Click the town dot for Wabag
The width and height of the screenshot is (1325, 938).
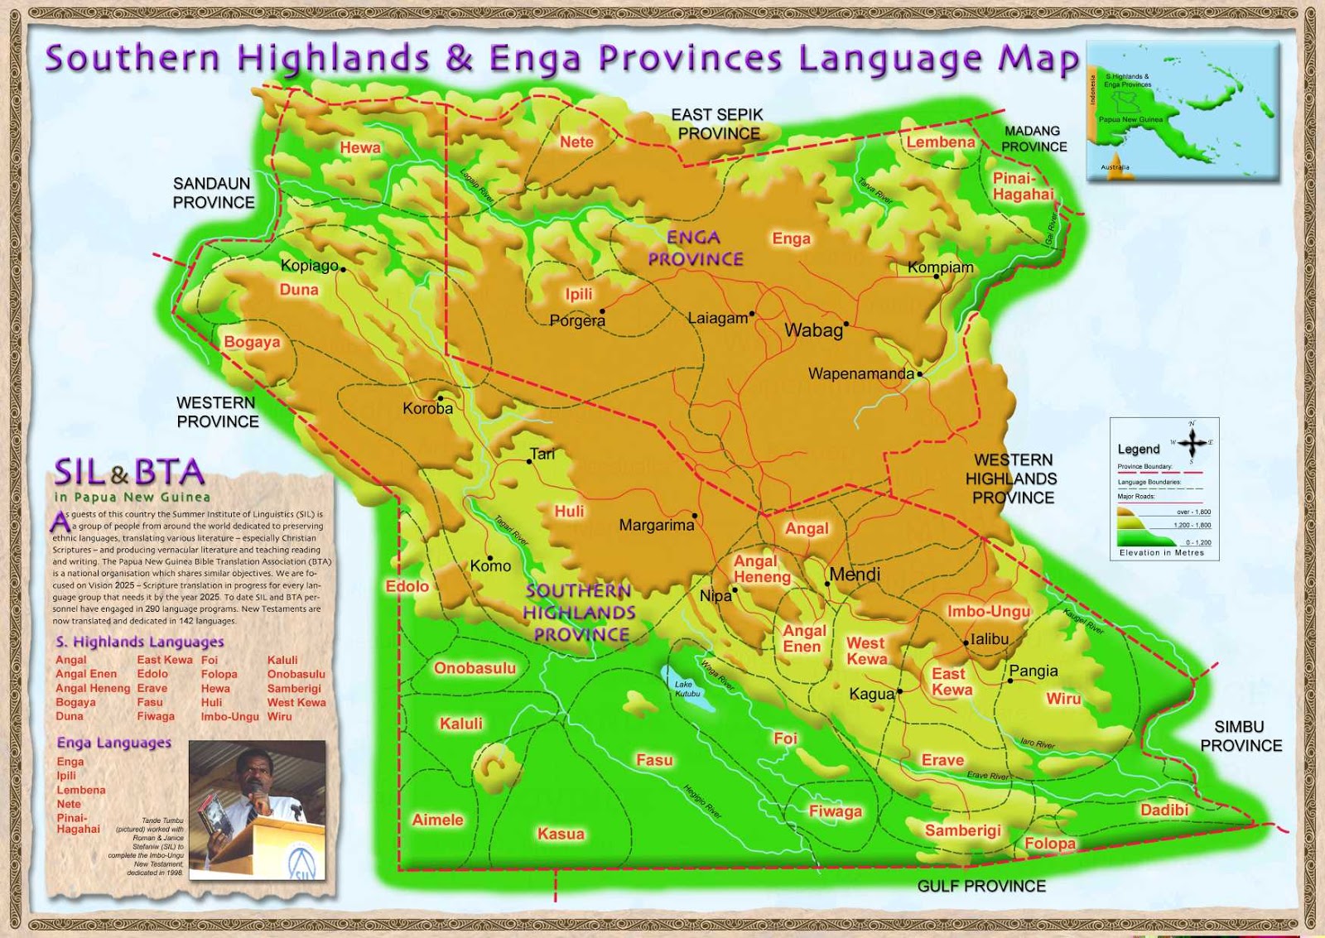click(846, 324)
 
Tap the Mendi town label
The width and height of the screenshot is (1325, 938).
click(855, 575)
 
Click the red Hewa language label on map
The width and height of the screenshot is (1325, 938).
click(360, 147)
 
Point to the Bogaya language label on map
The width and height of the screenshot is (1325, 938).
click(252, 342)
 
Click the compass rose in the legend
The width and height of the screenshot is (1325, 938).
click(1192, 443)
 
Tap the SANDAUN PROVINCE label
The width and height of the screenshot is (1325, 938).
click(214, 193)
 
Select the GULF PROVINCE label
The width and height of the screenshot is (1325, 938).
click(981, 887)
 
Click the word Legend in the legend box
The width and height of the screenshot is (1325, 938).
click(1139, 450)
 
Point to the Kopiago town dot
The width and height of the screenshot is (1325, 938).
click(343, 269)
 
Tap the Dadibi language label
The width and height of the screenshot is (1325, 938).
click(1164, 810)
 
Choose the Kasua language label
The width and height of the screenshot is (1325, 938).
click(561, 834)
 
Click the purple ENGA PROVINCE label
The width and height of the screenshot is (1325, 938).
click(695, 248)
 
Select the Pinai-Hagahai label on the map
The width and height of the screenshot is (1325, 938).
click(1023, 186)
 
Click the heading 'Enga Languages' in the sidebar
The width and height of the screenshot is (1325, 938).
click(114, 743)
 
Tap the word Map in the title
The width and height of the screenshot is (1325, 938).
click(1039, 58)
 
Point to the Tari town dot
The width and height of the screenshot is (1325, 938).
click(530, 461)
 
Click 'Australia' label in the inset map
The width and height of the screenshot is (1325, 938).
click(1115, 167)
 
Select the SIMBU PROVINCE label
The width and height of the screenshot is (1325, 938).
click(1241, 736)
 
